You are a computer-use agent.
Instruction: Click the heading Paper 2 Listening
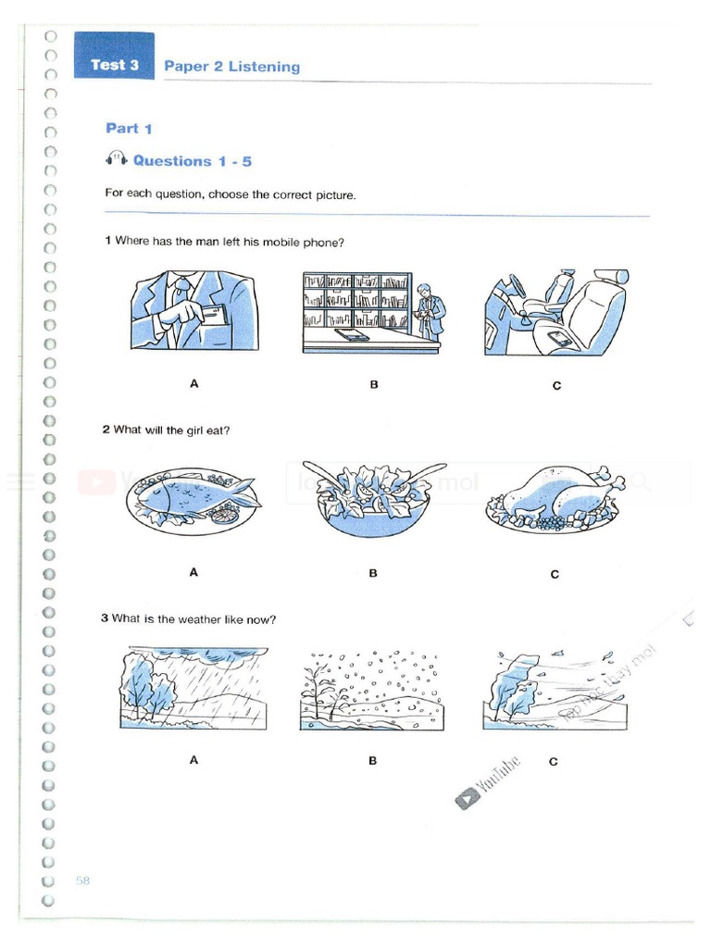coord(231,67)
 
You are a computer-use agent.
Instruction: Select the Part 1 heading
coord(129,129)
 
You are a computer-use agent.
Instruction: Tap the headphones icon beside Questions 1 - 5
coord(116,159)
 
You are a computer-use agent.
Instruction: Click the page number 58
coord(82,880)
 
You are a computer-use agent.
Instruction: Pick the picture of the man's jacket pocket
coord(193,310)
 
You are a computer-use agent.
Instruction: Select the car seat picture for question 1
coord(555,312)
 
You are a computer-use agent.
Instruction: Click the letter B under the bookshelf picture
coord(374,384)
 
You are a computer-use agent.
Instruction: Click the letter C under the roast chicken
coord(555,574)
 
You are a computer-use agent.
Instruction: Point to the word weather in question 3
coord(186,619)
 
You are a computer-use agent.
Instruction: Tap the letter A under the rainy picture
coord(193,760)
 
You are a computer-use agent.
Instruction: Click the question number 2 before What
coord(106,430)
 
